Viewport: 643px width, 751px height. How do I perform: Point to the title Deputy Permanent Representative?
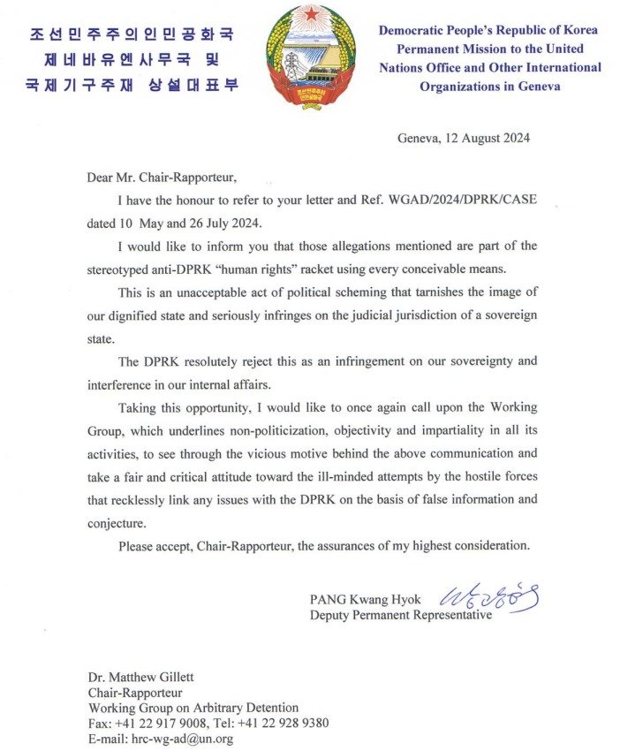[400, 615]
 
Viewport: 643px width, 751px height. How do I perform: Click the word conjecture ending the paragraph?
[119, 522]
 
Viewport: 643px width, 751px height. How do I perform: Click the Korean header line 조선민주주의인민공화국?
[132, 35]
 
